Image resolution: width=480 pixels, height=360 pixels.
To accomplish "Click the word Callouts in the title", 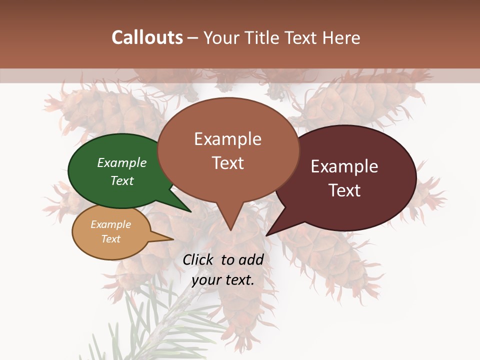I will point(147,37).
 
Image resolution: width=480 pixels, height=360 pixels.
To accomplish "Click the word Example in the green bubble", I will point(122,163).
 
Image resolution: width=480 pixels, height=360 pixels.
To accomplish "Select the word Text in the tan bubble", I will point(111,239).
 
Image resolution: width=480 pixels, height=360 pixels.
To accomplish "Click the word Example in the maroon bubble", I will point(344,166).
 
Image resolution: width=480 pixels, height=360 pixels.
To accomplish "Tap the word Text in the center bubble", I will point(228,163).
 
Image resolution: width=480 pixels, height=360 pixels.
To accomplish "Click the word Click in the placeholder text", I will point(198,259).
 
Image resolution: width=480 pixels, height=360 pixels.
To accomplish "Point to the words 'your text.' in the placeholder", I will point(223,280).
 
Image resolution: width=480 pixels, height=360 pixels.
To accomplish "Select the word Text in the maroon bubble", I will point(345,190).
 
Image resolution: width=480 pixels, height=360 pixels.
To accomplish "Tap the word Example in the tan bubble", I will point(111,224).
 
